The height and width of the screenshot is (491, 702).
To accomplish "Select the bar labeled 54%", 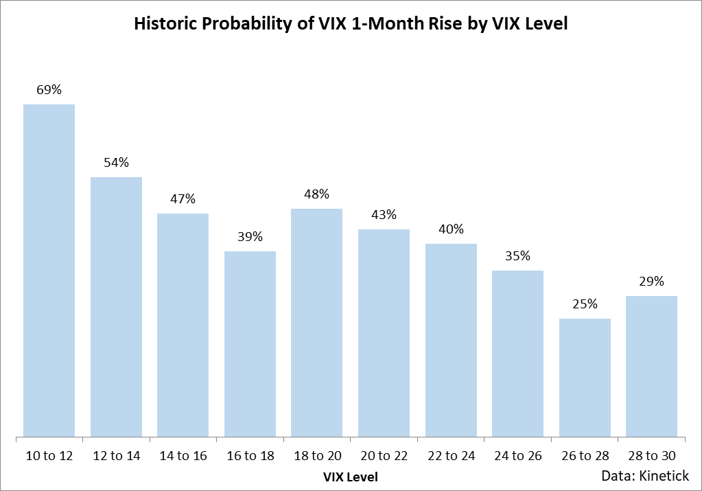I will click(116, 306).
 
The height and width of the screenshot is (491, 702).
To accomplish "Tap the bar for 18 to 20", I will click(317, 322).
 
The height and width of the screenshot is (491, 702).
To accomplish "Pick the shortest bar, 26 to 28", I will click(585, 377).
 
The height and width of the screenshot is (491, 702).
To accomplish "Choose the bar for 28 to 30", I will click(652, 366).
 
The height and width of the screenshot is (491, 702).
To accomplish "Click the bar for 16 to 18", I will click(250, 343).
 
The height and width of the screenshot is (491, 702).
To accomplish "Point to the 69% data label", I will click(49, 90).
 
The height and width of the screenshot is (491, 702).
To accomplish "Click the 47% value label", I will click(183, 199).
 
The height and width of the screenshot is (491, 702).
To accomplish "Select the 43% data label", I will click(384, 215).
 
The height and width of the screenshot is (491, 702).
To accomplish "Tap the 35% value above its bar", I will click(518, 256).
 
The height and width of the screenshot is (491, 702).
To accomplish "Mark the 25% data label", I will click(585, 304).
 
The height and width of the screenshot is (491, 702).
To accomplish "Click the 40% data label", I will click(451, 229).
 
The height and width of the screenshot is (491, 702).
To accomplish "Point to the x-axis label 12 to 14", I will click(116, 455).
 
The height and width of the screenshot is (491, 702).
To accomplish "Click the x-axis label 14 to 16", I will click(183, 455).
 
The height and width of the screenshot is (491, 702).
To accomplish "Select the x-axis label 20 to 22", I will click(384, 455).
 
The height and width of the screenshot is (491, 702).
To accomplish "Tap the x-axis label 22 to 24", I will click(451, 455).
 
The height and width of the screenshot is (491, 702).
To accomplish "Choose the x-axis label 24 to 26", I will click(518, 455).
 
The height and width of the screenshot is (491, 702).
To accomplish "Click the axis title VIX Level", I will click(350, 476).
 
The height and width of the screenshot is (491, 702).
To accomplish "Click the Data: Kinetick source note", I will click(646, 476).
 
